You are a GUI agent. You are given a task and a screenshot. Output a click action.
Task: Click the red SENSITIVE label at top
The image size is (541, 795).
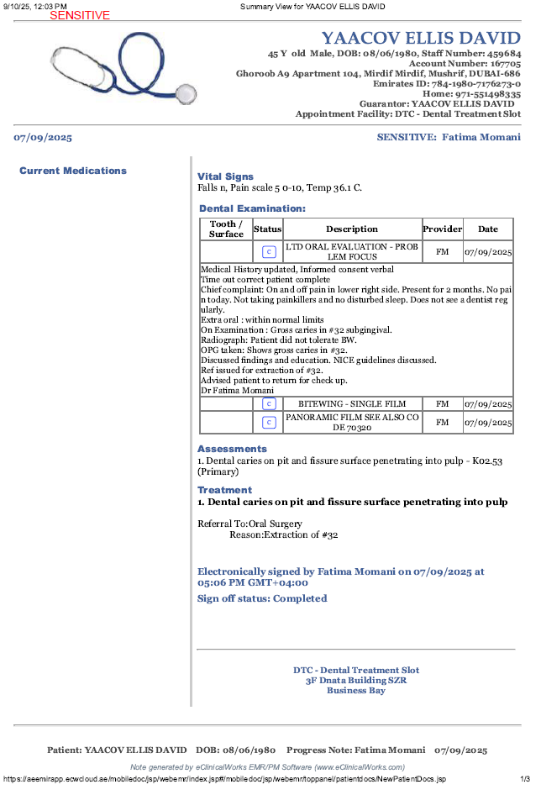pyautogui.click(x=80, y=15)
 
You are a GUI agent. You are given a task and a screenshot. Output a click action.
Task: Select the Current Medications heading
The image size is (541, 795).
pyautogui.click(x=73, y=171)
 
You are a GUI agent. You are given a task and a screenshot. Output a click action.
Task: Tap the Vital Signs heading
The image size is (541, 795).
pyautogui.click(x=225, y=176)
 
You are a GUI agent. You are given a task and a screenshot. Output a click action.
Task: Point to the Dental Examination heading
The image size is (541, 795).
pyautogui.click(x=252, y=208)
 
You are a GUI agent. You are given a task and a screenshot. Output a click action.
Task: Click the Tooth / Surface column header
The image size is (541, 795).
pyautogui.click(x=226, y=229)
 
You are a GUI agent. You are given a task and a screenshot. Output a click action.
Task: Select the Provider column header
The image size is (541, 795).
pyautogui.click(x=442, y=229)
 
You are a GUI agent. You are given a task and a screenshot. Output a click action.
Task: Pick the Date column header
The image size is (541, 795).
pyautogui.click(x=487, y=229)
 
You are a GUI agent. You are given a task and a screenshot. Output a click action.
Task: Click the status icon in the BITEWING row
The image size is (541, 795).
pyautogui.click(x=269, y=404)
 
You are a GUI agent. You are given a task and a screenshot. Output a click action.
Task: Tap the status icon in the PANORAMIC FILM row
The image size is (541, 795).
pyautogui.click(x=269, y=422)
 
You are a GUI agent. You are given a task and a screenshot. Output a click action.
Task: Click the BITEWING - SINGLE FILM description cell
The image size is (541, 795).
pyautogui.click(x=352, y=404)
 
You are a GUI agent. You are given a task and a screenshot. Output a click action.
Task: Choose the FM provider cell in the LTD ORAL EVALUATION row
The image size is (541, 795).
pyautogui.click(x=442, y=251)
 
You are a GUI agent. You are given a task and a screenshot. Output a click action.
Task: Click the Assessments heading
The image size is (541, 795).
pyautogui.click(x=232, y=449)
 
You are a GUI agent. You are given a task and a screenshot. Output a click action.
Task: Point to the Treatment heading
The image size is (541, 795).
pyautogui.click(x=224, y=490)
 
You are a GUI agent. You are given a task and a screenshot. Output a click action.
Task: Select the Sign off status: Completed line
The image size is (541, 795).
pyautogui.click(x=262, y=598)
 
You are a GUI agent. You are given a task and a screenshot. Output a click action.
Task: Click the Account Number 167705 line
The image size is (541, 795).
pyautogui.click(x=465, y=63)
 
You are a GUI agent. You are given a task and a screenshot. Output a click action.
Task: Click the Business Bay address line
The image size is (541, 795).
pyautogui.click(x=356, y=691)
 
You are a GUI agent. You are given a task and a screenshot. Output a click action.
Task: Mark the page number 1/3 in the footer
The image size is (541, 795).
pyautogui.click(x=525, y=779)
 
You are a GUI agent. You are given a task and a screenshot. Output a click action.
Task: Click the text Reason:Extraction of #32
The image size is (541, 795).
pyautogui.click(x=284, y=534)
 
